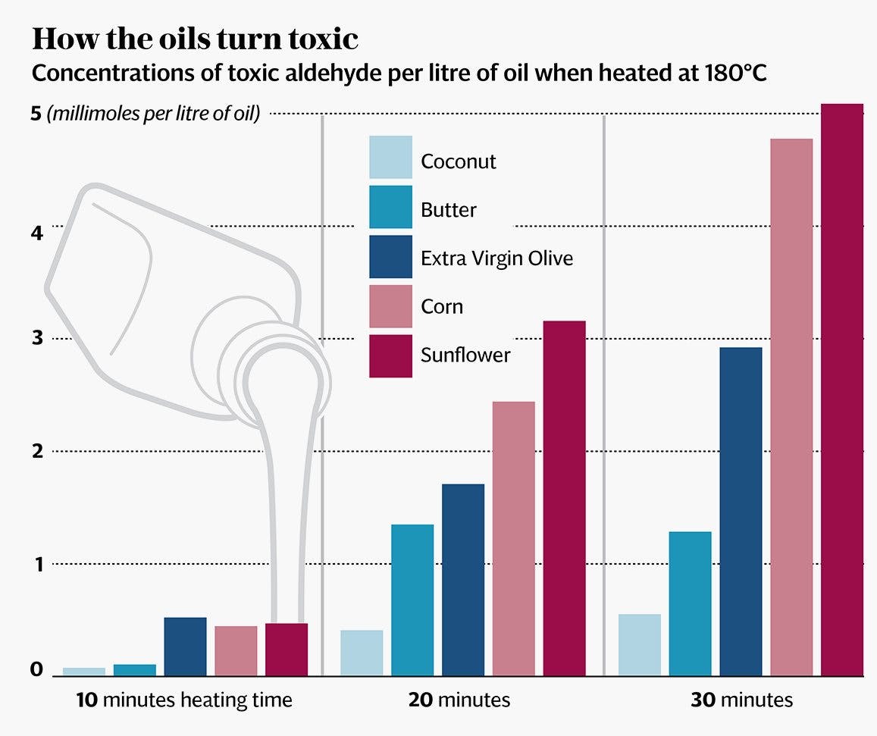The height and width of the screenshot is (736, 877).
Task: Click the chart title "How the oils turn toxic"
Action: coord(195,39)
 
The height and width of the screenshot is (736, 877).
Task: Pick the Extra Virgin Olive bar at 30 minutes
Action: coord(741,512)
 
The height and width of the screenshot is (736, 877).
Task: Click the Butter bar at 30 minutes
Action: coord(691,603)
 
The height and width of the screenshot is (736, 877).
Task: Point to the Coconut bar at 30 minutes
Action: coord(640,644)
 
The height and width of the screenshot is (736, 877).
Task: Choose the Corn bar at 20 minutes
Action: coord(513,538)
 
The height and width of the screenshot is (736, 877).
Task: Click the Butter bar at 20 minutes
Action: coord(412,600)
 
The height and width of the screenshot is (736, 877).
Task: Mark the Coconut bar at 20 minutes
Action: coord(362,653)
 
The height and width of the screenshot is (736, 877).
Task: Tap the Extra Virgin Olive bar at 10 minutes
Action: coord(185,647)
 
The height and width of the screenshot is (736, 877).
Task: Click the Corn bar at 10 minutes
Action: coord(236,650)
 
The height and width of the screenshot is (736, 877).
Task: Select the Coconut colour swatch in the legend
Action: coord(390,157)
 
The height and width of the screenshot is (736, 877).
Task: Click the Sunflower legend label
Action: coord(465,355)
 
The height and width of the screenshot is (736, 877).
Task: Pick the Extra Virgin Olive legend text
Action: coord(496,258)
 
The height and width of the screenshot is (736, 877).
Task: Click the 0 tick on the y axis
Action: coord(36,671)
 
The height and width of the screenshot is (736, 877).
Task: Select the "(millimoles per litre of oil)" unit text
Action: coord(153,114)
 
